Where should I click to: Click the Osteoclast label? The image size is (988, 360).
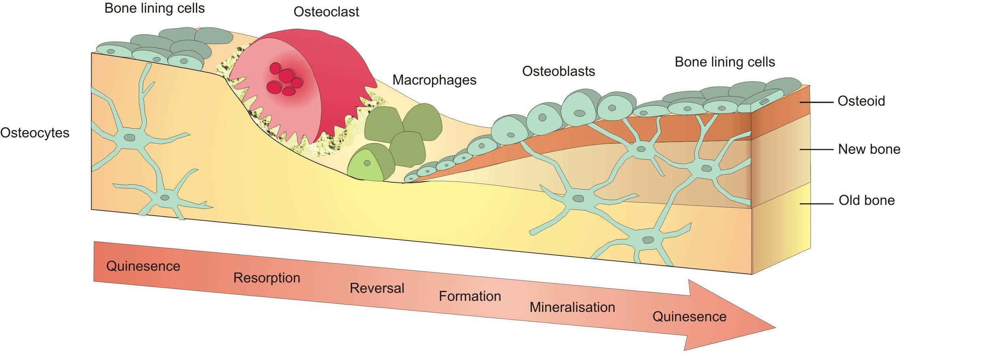(x=326, y=12)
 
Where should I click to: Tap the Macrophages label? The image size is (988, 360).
(x=434, y=80)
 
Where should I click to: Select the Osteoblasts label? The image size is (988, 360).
(x=558, y=72)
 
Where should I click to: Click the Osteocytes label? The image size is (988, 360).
(x=35, y=133)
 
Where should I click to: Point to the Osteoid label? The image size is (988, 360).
(x=861, y=101)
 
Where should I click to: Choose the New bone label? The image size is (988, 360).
(x=869, y=149)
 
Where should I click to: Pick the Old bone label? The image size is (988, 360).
(x=866, y=200)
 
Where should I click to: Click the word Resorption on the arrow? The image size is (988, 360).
(x=267, y=278)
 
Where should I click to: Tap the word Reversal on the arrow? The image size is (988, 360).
(x=377, y=288)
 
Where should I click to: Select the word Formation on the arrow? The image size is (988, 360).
(x=469, y=296)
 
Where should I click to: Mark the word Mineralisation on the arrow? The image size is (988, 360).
(x=572, y=307)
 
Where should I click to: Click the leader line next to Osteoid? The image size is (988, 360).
(x=816, y=102)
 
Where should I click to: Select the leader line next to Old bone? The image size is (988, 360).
(x=816, y=204)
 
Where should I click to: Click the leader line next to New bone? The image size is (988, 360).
(x=816, y=150)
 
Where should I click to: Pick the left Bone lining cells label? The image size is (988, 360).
(x=154, y=8)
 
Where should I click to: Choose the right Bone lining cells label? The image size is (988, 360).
(x=724, y=62)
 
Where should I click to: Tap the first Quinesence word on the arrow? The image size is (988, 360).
(x=143, y=266)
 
